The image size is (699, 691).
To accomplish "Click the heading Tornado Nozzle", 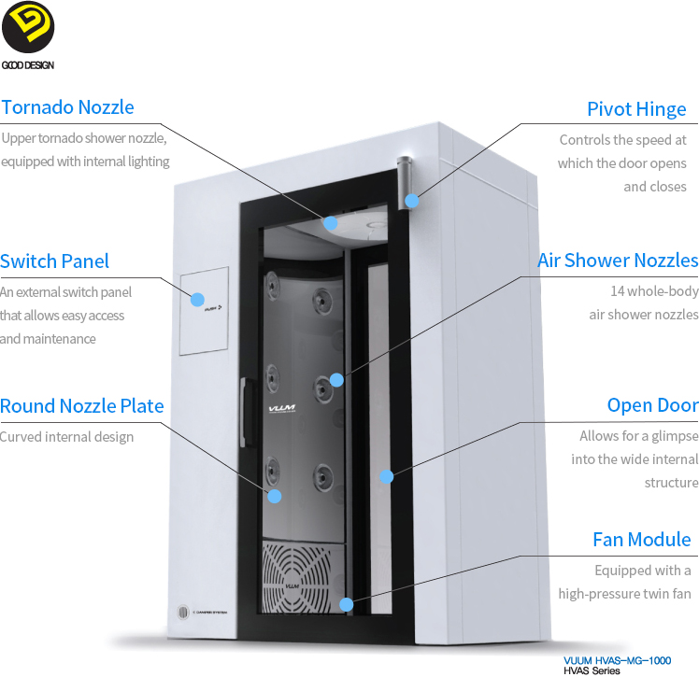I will click(67, 107).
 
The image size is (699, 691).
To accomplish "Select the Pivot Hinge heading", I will click(636, 109).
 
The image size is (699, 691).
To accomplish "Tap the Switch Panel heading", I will click(55, 261).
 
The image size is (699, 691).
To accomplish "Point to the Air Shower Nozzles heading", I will click(618, 261).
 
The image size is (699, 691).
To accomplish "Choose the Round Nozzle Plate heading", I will click(82, 406).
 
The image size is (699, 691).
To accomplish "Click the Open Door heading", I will click(652, 405).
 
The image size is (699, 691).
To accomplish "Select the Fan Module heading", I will click(642, 540).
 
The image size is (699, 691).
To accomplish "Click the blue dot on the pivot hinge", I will click(412, 201).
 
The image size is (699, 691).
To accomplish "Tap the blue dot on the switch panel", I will click(197, 300).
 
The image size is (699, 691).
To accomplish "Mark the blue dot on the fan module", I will click(347, 604).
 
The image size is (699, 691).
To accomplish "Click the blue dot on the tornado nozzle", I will click(330, 222).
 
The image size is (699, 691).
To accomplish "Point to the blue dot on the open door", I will click(386, 476).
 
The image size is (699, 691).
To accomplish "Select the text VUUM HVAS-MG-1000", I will click(617, 660).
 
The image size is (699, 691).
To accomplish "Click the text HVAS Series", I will click(592, 672).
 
